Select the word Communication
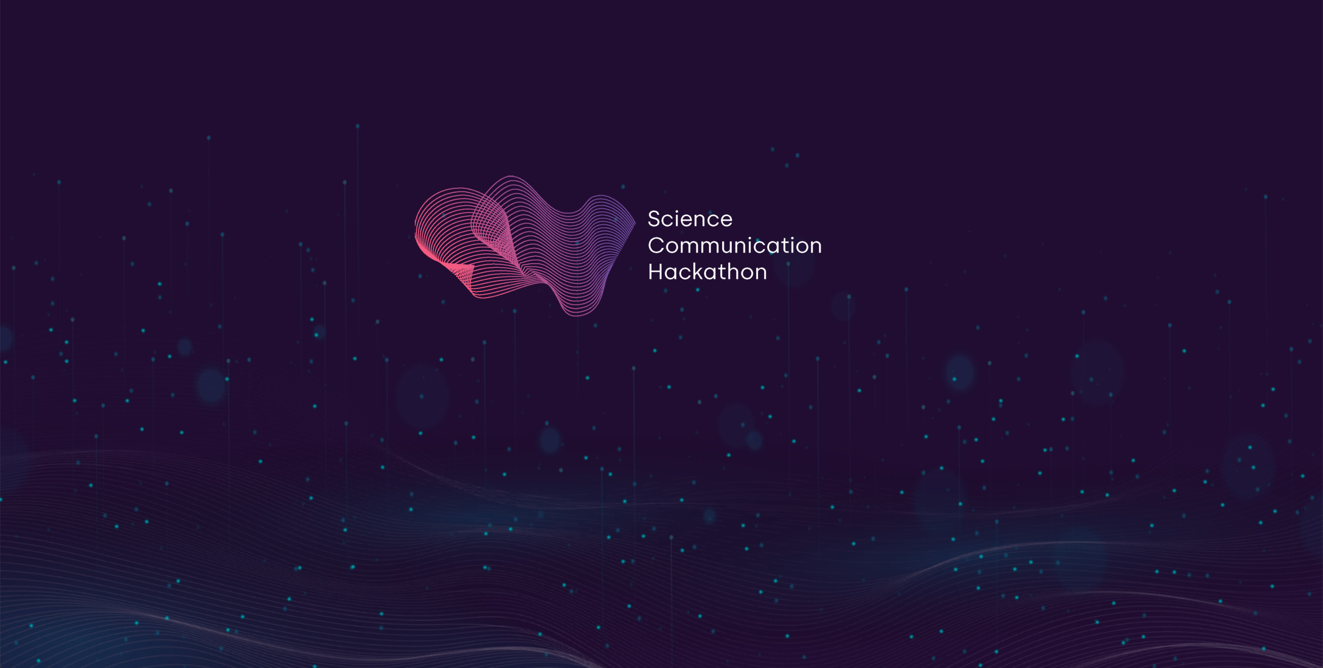tap(735, 246)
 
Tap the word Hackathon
tap(707, 272)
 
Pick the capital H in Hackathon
tap(656, 272)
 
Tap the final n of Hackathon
tap(761, 274)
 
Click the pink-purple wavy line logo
tap(525, 246)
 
